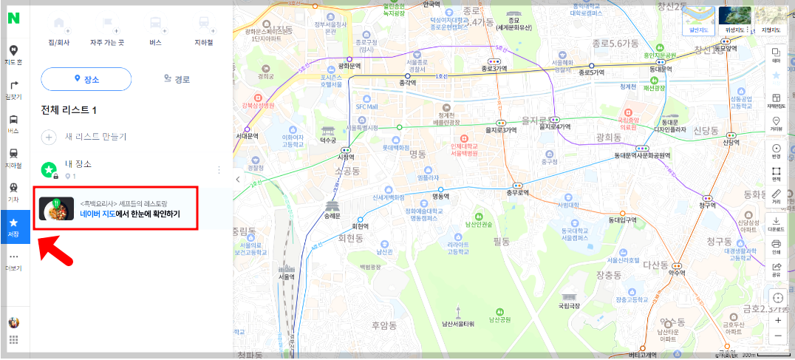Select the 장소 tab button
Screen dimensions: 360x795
[x=86, y=79]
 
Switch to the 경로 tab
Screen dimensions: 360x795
[x=177, y=79]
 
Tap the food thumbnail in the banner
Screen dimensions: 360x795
[x=56, y=209]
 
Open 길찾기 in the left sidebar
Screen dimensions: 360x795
[x=13, y=90]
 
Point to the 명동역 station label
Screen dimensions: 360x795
[x=440, y=197]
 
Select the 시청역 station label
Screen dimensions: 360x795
[x=345, y=157]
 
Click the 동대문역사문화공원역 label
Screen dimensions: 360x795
[x=642, y=155]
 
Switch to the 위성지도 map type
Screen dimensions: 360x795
[x=734, y=19]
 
